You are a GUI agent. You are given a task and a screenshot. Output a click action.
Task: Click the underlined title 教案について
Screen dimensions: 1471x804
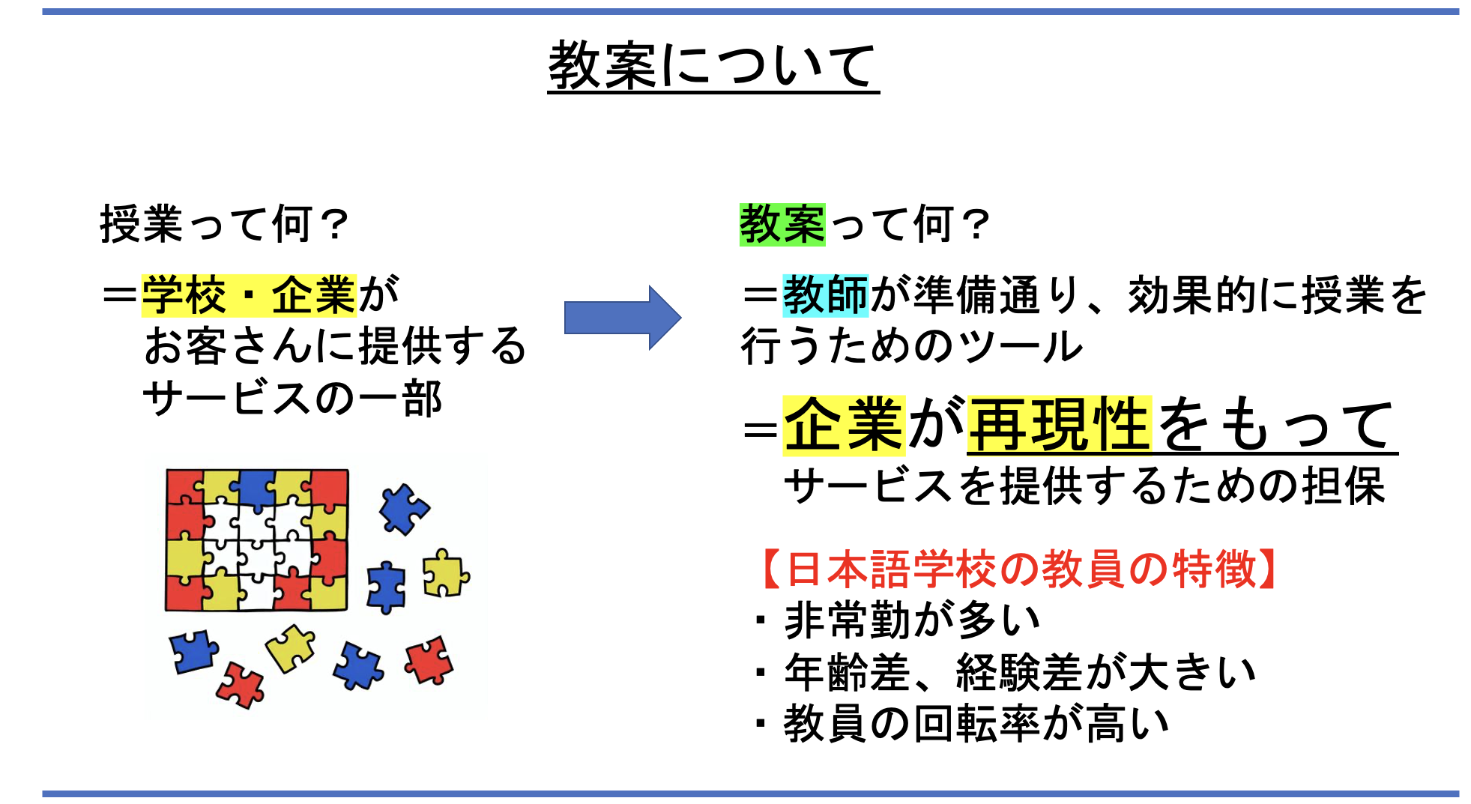(713, 65)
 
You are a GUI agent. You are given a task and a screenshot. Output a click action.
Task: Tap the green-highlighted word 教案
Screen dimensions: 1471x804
(782, 224)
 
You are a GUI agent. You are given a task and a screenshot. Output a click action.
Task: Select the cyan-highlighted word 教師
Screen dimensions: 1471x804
(825, 295)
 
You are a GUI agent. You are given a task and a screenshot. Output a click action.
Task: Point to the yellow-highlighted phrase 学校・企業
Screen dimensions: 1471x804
(249, 295)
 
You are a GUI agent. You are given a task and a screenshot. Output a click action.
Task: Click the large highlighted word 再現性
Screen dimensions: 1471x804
(1059, 425)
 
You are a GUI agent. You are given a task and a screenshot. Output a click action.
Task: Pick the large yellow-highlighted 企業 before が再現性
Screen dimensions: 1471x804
(844, 425)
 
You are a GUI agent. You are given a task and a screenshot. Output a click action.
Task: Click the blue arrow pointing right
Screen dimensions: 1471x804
(623, 317)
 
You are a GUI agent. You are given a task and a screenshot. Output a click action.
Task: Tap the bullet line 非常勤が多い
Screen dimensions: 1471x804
(899, 620)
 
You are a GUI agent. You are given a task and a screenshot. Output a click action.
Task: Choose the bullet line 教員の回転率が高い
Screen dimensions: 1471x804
(964, 724)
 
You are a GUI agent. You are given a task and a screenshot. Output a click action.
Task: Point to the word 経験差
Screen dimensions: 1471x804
(1018, 672)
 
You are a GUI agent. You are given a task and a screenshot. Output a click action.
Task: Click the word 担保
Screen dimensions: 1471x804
(1344, 486)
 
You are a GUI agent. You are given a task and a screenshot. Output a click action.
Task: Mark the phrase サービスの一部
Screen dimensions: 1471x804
(292, 399)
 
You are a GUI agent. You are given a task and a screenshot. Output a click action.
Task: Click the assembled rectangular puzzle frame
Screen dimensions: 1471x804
(257, 539)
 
